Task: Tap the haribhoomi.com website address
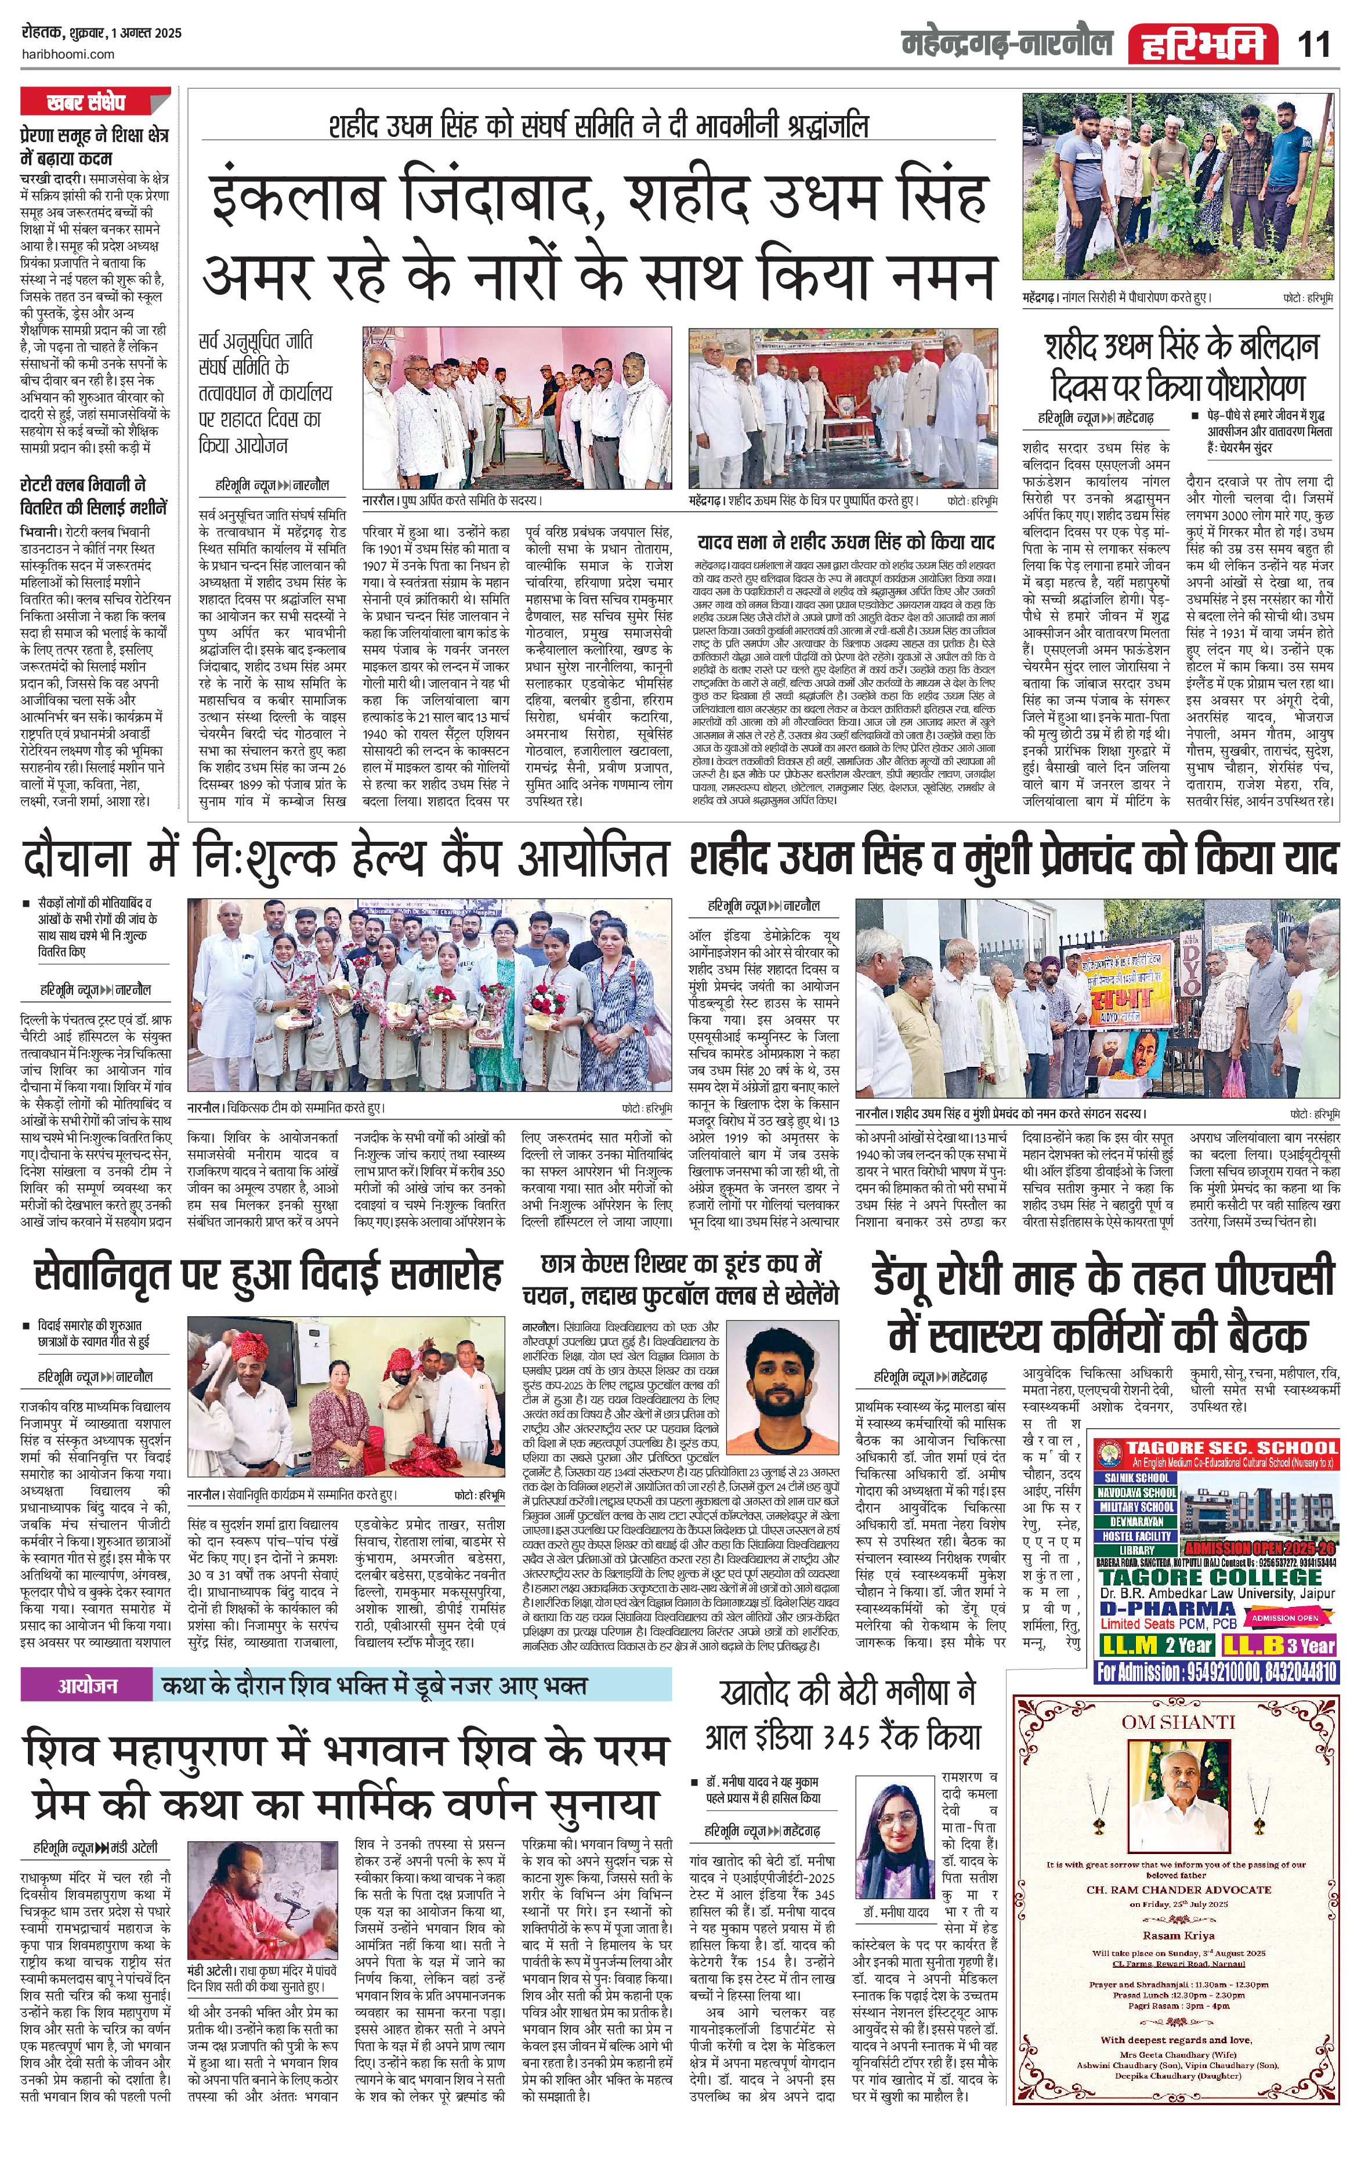(67, 54)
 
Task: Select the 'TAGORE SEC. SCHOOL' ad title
(1231, 1448)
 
